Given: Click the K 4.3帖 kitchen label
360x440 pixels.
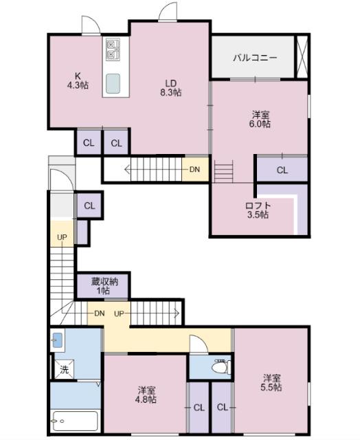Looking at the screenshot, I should pyautogui.click(x=77, y=80).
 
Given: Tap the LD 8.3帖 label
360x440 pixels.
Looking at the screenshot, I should pyautogui.click(x=171, y=86).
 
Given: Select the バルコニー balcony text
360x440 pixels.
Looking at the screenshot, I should pyautogui.click(x=254, y=58).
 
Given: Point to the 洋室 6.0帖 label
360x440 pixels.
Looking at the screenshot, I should pyautogui.click(x=259, y=119).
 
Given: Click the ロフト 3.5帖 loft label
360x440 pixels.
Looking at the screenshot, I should pyautogui.click(x=258, y=210).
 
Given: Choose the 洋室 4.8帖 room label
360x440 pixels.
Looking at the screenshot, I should pyautogui.click(x=146, y=394).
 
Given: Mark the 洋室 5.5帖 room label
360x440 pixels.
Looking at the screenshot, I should pyautogui.click(x=271, y=382).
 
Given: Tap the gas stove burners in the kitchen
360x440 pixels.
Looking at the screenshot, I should pyautogui.click(x=113, y=49).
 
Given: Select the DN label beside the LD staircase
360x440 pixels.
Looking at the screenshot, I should pyautogui.click(x=194, y=169).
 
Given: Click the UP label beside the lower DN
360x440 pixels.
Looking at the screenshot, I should pyautogui.click(x=119, y=313).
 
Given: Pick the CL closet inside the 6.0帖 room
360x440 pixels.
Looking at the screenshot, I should pyautogui.click(x=282, y=170).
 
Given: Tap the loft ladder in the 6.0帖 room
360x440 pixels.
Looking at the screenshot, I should pyautogui.click(x=225, y=171).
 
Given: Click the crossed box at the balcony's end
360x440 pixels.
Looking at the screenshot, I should pyautogui.click(x=301, y=54).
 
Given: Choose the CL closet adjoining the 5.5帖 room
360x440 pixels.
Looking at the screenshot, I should pyautogui.click(x=222, y=407).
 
